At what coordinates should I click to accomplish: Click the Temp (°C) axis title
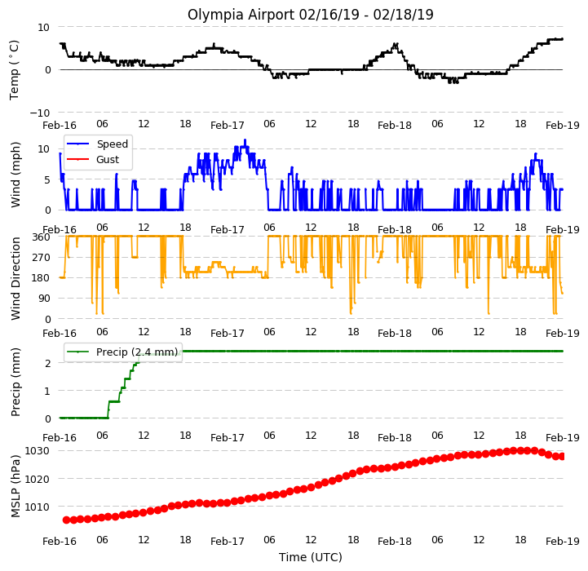14,70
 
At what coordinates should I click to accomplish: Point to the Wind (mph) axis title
15,175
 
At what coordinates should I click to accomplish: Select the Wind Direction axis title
15,278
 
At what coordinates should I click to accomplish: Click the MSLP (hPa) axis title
15,486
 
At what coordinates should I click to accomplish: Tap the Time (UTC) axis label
311,557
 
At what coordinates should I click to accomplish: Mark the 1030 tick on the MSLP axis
38,450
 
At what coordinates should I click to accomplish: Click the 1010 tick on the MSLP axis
38,507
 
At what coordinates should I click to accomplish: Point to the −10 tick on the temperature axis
40,113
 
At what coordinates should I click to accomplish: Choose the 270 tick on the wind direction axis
42,258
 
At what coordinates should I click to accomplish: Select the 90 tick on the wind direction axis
44,299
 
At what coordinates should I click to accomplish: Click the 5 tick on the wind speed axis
47,180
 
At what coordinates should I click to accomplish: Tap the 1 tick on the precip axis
47,391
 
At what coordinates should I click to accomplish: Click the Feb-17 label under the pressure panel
228,542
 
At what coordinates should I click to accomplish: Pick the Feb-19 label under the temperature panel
563,126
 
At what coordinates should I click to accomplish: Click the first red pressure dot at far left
66,520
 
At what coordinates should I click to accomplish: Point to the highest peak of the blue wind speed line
245,140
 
